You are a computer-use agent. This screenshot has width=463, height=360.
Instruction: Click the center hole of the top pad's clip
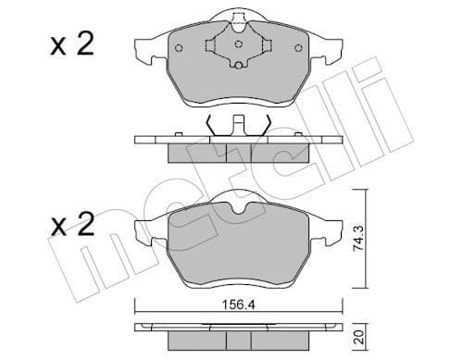(239, 43)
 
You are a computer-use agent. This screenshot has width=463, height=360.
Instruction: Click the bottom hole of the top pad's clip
(239, 64)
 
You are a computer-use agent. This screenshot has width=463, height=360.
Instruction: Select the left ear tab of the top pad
(147, 47)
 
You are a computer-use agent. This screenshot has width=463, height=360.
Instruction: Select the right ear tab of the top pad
(332, 47)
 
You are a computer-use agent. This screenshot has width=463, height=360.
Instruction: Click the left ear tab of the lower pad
(147, 228)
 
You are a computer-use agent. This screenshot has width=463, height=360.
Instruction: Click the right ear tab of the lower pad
(332, 228)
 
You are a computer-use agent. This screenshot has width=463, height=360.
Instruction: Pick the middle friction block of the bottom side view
(239, 335)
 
